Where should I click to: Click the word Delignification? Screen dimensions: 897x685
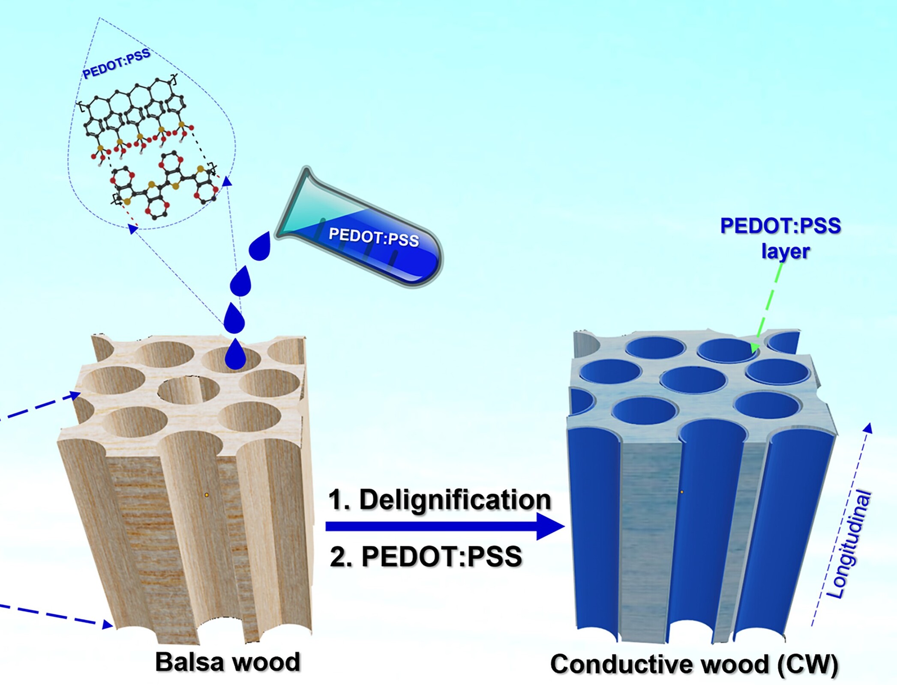coord(455,500)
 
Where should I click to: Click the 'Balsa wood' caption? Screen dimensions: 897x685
coord(228,662)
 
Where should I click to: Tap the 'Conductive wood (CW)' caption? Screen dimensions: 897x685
coord(694,664)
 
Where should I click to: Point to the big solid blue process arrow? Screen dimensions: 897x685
coord(445,527)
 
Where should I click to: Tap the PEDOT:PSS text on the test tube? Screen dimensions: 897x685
coord(374,236)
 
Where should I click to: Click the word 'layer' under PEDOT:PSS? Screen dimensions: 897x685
coord(785,251)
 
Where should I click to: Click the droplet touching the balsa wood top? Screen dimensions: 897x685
coord(235,354)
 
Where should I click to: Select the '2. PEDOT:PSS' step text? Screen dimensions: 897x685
coord(426,557)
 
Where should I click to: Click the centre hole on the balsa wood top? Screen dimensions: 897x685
coord(189,390)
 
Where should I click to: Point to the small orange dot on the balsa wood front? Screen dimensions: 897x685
coord(207,495)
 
